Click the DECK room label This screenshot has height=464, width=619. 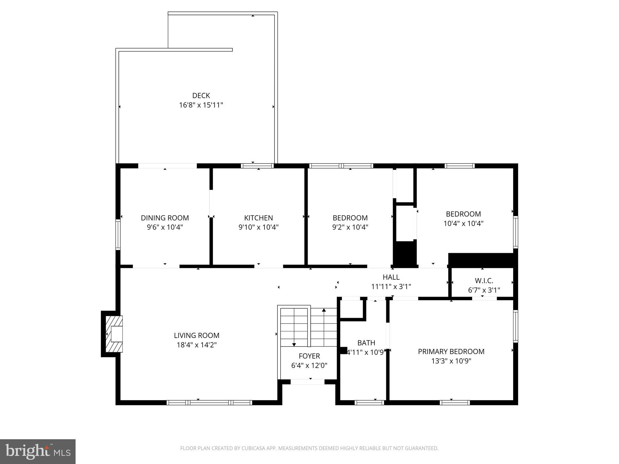point(201,95)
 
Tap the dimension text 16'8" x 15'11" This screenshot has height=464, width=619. point(201,105)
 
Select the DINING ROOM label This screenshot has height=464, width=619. point(165,218)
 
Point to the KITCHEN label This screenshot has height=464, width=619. point(258,218)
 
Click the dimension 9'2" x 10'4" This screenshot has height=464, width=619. point(350,227)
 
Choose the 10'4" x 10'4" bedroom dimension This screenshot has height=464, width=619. point(463,224)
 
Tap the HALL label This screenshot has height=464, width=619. point(391,277)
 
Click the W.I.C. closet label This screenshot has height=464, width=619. point(484,281)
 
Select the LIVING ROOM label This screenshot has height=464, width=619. point(196,335)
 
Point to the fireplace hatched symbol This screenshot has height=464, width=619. point(114,334)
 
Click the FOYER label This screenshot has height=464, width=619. point(309,356)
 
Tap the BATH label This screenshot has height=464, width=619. point(366,343)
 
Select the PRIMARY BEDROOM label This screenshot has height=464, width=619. point(451,351)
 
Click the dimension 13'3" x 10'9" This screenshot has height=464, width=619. point(451,361)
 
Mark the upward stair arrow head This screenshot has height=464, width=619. point(324,310)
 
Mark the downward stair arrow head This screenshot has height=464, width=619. point(294,345)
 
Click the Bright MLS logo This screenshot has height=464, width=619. point(38,452)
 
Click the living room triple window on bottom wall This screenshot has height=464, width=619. point(209,402)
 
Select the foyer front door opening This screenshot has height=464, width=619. point(307,382)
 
